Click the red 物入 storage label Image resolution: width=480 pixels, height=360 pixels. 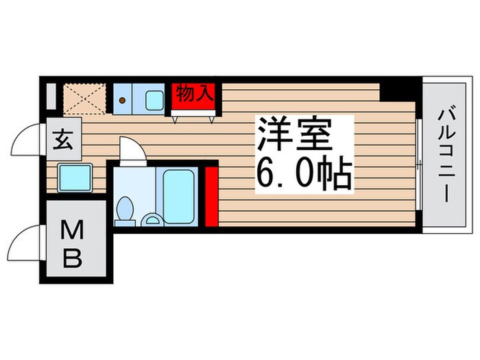point(195,95)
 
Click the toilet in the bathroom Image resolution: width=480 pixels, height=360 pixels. point(125,211)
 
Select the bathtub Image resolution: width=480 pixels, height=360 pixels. point(180,194)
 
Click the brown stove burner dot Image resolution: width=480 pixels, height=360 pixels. point(123,100)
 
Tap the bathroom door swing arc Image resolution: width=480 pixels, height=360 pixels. point(131,149)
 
